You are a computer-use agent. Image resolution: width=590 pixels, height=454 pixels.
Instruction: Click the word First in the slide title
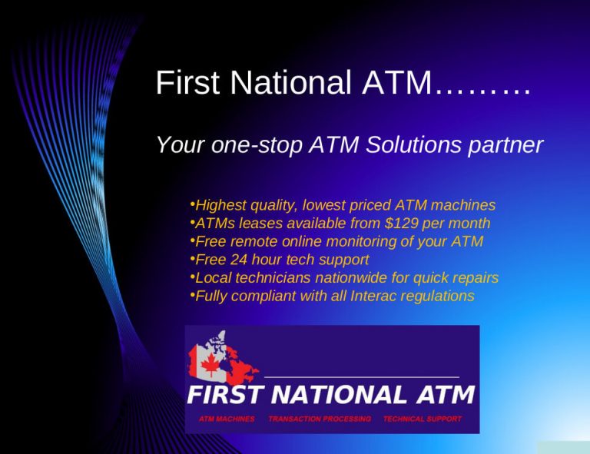pyautogui.click(x=184, y=83)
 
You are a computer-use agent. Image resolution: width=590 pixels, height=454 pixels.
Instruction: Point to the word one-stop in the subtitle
pyautogui.click(x=254, y=144)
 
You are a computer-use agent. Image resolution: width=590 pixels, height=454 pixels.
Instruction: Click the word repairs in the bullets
pyautogui.click(x=473, y=277)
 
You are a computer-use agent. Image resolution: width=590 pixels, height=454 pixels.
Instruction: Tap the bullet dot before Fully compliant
pyautogui.click(x=191, y=295)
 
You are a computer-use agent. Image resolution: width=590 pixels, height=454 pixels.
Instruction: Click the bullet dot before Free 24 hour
pyautogui.click(x=191, y=259)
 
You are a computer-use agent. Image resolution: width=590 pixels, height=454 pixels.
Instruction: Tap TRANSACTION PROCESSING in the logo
pyautogui.click(x=320, y=419)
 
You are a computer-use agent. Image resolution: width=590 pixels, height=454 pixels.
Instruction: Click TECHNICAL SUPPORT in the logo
pyautogui.click(x=422, y=419)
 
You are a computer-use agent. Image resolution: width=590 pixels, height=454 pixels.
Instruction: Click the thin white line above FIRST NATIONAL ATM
pyautogui.click(x=361, y=377)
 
